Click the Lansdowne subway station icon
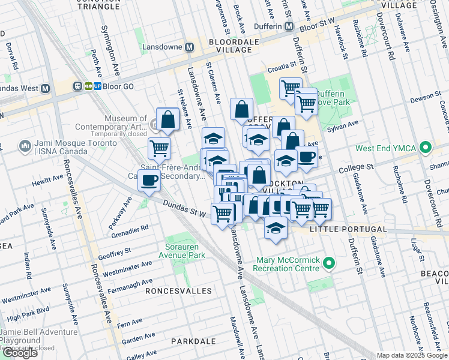190,47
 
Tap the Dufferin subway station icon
289,26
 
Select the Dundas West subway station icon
46,88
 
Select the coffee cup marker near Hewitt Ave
149,180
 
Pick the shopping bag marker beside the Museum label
168,119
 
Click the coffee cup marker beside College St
306,157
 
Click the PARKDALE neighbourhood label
193,341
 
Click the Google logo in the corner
20,353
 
